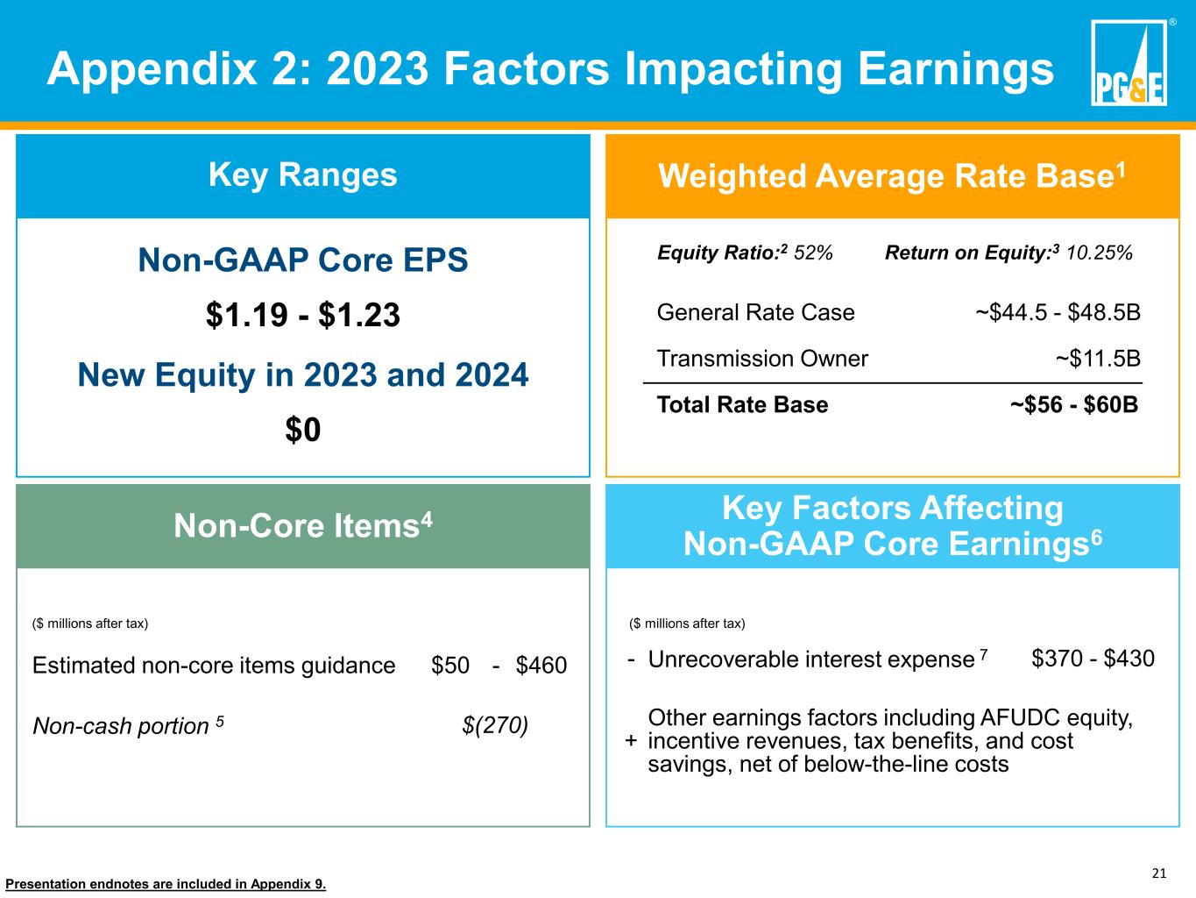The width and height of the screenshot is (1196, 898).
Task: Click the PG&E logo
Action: pos(1129,62)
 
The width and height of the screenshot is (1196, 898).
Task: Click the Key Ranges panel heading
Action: pos(303,175)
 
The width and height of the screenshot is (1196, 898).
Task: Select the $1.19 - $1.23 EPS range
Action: pos(303,315)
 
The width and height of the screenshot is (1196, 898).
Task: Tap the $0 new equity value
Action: pos(303,430)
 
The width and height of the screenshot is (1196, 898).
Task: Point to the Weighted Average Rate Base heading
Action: pos(892,175)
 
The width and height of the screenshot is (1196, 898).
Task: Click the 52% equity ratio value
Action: pos(813,253)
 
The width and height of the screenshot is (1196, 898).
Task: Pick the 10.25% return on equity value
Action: pos(1099,253)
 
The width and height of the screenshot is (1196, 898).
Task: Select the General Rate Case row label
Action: pos(756,312)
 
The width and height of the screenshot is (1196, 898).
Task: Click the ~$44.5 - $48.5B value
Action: pos(1058,312)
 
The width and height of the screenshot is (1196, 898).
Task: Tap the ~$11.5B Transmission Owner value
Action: pos(1098,359)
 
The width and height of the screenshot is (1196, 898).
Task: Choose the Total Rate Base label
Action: pos(742,404)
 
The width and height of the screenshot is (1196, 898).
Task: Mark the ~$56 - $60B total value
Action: pos(1074,404)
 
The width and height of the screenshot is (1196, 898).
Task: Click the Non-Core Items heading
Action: pos(303,525)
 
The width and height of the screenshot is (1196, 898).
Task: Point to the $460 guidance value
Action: pos(541,666)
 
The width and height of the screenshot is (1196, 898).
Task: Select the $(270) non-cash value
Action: pos(495,726)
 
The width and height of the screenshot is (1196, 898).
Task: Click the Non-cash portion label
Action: pos(128,726)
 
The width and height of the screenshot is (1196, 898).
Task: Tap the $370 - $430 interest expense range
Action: pos(1093,659)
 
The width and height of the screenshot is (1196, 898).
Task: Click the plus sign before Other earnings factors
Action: pos(631,740)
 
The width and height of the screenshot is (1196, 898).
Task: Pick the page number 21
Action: pos(1159,873)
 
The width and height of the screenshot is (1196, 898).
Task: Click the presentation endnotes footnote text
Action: pos(166,884)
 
